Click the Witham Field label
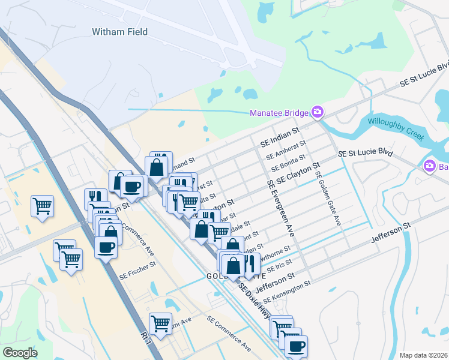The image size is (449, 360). pos(119,31)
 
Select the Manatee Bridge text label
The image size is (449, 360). pos(279,113)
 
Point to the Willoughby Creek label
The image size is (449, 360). pos(395,128)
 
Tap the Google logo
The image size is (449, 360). pos(20,352)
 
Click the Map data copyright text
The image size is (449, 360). pos(423,355)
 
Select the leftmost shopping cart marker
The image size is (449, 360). pos(42,206)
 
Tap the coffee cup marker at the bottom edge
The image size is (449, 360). pos(295,346)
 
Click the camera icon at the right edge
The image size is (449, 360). pos(430,166)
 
